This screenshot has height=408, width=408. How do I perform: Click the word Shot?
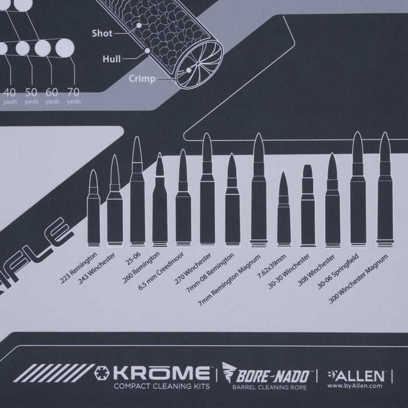click(x=102, y=34)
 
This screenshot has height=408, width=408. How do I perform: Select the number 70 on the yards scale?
click(x=73, y=92)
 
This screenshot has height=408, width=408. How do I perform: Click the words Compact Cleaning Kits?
click(x=164, y=385)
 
